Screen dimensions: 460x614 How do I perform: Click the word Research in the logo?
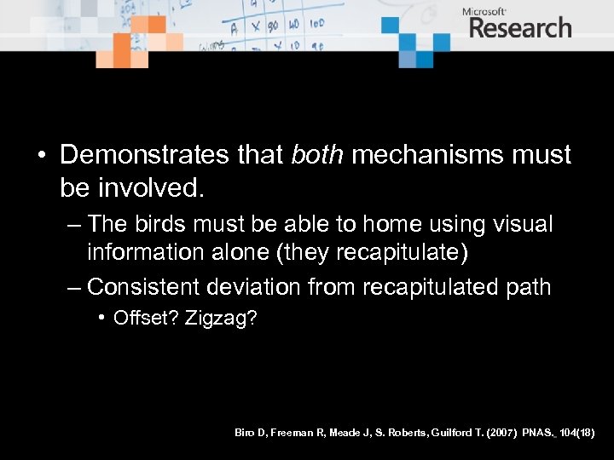(x=519, y=27)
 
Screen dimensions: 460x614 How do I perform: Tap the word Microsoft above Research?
(x=484, y=10)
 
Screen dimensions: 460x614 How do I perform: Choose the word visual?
(x=524, y=225)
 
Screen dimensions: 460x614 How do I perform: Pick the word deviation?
(x=256, y=286)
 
